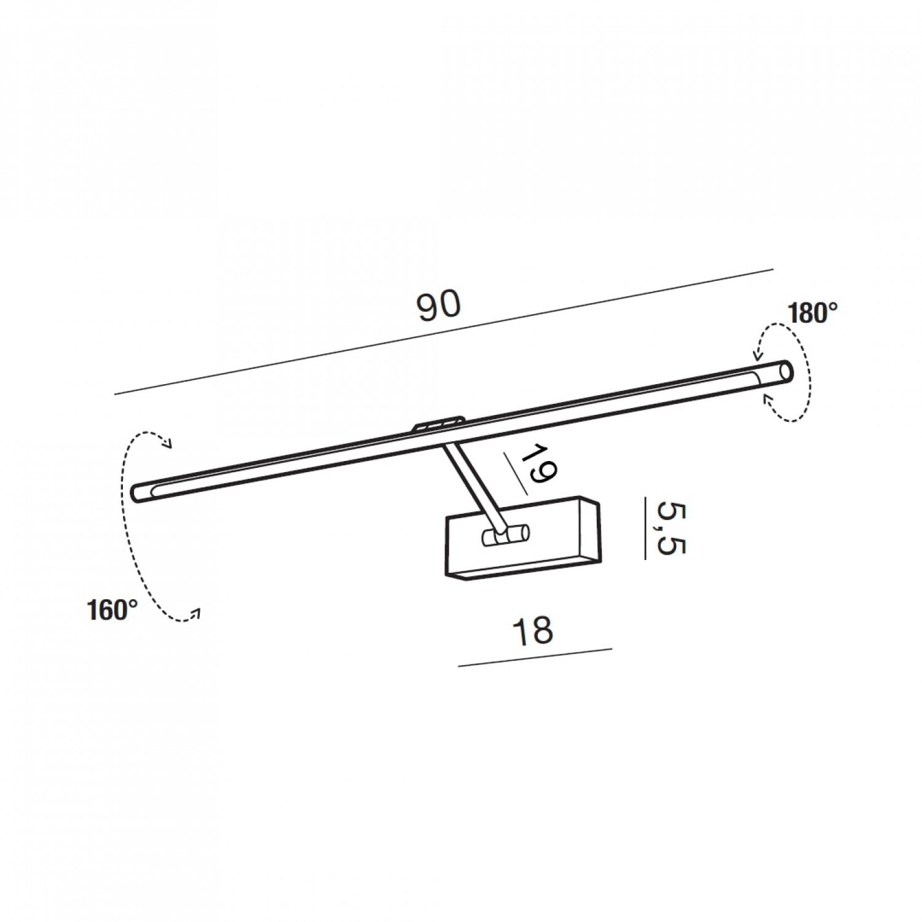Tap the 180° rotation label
[813, 313]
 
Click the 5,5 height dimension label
[670, 528]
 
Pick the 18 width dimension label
[533, 631]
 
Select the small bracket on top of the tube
[438, 424]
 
